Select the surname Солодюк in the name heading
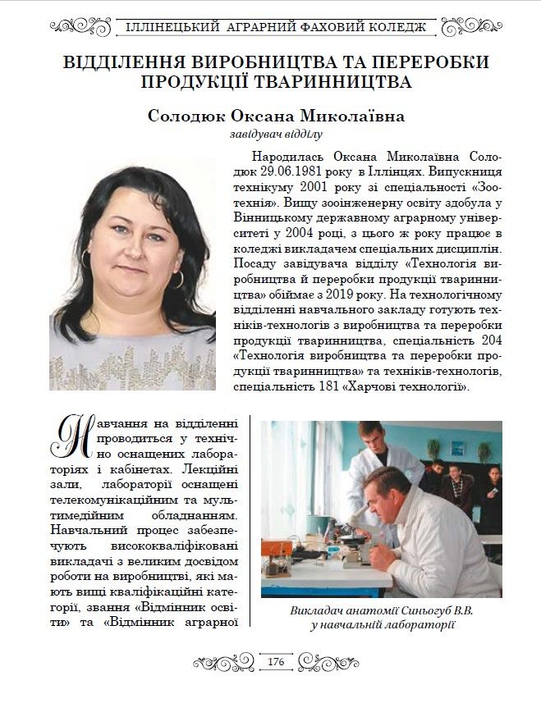point(190,116)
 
